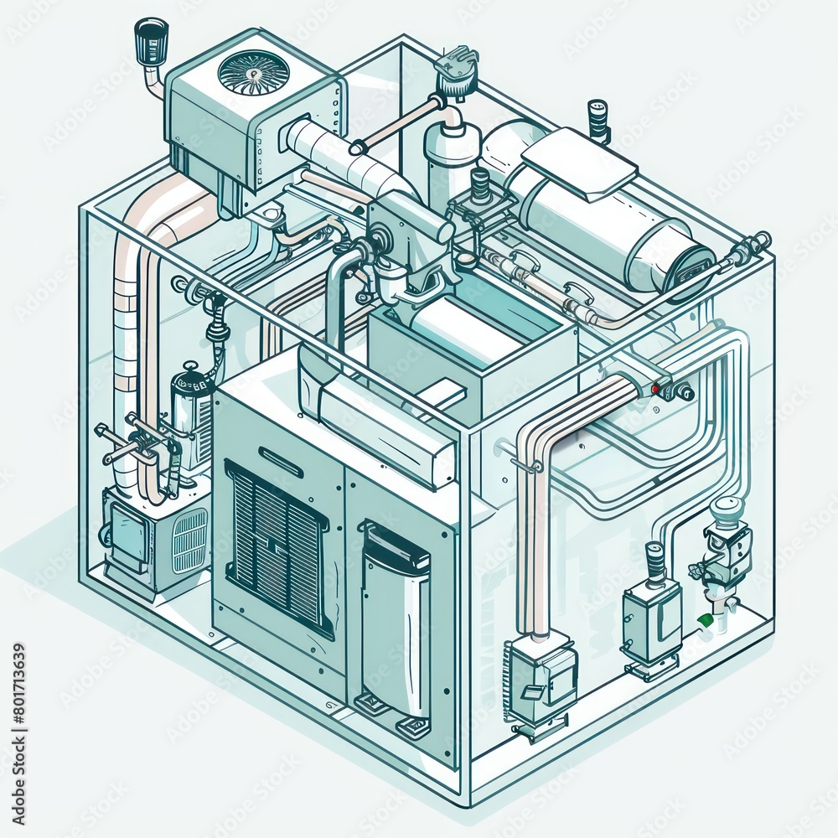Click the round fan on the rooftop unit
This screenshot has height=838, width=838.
coord(253,72)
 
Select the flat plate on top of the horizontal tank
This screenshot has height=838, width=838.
coord(579,161)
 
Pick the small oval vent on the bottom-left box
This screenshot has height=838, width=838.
coord(190,540)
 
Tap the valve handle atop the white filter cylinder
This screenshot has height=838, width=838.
coord(457,63)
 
